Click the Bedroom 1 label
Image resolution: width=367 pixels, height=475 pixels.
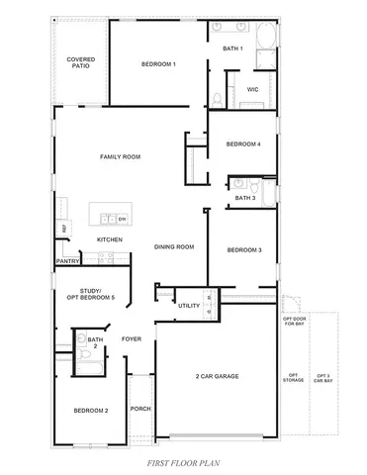[x=158, y=64]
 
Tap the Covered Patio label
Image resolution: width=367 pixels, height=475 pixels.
[x=80, y=62]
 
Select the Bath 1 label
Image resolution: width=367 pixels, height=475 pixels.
[x=232, y=48]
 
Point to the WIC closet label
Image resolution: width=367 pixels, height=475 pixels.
[x=252, y=89]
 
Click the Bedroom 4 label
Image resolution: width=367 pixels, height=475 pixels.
[x=243, y=144]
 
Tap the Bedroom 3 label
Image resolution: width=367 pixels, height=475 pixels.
[x=244, y=250]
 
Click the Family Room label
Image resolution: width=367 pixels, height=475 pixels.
[x=120, y=157]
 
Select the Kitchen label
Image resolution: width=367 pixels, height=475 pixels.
[x=109, y=240]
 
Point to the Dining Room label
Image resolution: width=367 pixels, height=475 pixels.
[x=173, y=247]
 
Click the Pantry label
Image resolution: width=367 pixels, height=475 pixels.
[x=67, y=263]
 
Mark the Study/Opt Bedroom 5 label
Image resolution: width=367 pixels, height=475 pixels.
[x=91, y=294]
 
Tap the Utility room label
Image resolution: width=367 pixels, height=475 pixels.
[x=189, y=306]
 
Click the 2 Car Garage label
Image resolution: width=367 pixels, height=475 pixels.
[x=217, y=376]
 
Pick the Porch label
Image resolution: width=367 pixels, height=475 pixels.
[x=140, y=409]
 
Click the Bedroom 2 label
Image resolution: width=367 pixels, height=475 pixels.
[x=90, y=410]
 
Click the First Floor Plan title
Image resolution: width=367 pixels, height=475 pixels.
[x=183, y=463]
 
